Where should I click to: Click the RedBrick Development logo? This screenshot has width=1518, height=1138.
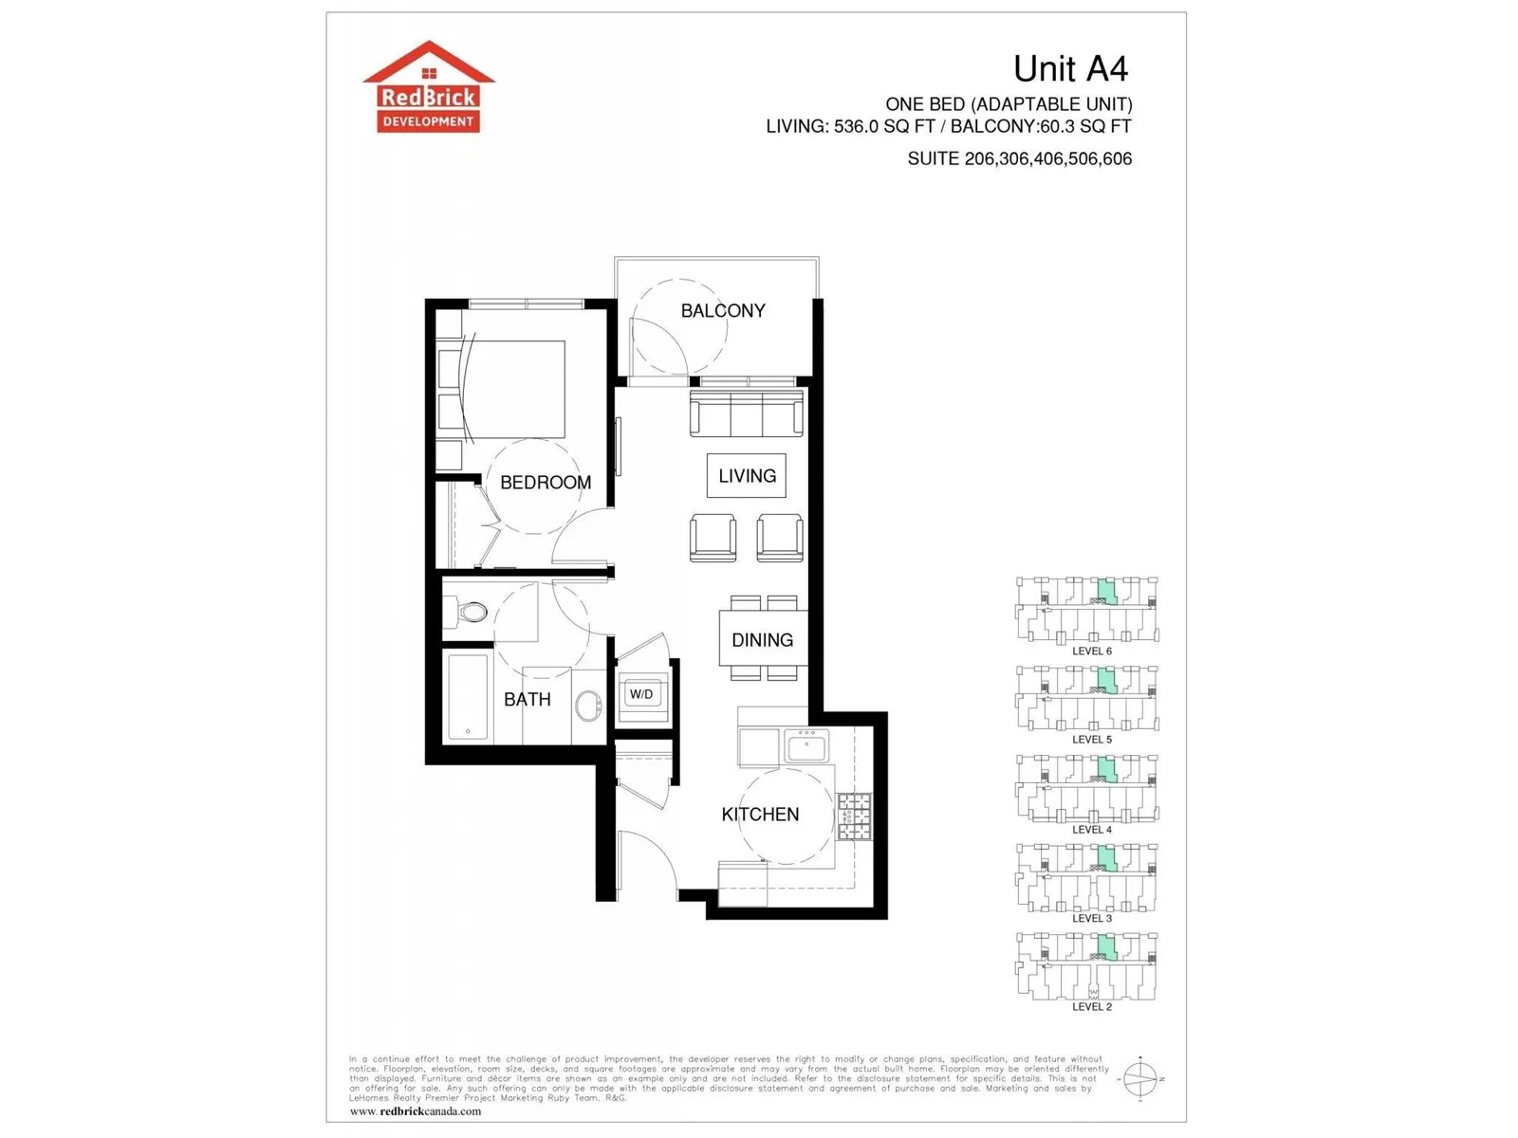[429, 87]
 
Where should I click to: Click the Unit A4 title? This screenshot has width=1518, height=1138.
[1070, 68]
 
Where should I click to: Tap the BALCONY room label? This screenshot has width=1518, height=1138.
[723, 311]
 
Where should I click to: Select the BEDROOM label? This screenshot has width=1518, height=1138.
[546, 483]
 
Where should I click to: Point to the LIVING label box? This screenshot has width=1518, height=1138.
[747, 476]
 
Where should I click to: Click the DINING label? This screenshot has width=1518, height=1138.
[762, 640]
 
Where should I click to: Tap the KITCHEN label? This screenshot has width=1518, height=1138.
[760, 815]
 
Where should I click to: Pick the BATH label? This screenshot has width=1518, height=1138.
[528, 700]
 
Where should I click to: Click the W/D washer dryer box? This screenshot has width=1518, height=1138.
[641, 695]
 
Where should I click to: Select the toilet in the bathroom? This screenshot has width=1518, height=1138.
[468, 612]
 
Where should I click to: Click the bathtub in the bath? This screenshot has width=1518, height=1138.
[468, 696]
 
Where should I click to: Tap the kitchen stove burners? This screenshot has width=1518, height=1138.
[854, 817]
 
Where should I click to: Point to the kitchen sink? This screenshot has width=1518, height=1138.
[806, 745]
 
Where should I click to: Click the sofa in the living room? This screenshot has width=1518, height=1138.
[747, 413]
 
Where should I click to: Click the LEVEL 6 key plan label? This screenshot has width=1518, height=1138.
[1092, 652]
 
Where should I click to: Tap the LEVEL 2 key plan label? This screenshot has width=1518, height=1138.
[1092, 1007]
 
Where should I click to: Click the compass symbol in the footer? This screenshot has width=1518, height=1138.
[1140, 1079]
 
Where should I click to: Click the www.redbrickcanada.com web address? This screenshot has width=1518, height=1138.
[416, 1111]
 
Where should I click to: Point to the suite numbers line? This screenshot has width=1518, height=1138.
[1019, 159]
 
